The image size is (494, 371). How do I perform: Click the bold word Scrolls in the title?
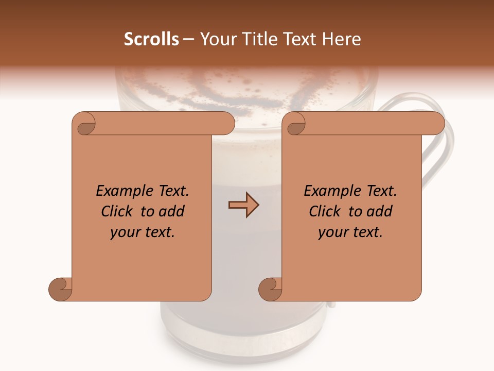[x=151, y=39]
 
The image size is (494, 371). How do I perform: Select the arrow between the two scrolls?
[x=243, y=205]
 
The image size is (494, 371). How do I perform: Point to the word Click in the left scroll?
[x=118, y=211]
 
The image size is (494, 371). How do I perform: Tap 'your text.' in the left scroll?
[x=143, y=232]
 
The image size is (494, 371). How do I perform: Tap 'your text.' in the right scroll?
[x=350, y=232]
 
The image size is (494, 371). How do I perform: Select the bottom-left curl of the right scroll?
[x=270, y=289]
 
